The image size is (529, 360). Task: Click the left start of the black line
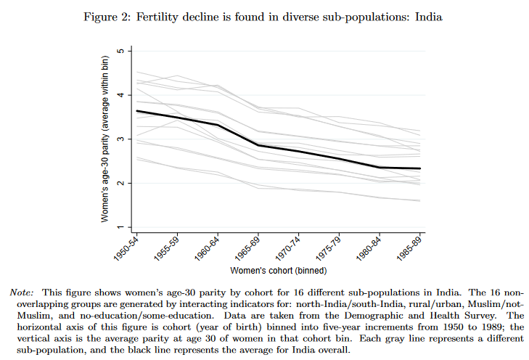coord(136,111)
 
